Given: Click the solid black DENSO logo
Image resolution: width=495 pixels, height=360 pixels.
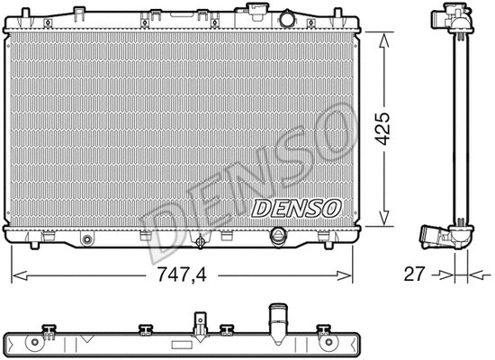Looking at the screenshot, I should [x=298, y=208].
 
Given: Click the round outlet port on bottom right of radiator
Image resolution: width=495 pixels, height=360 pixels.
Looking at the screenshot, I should [x=278, y=236].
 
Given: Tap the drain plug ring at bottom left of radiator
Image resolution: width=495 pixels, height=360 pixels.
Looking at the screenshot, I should [x=87, y=239].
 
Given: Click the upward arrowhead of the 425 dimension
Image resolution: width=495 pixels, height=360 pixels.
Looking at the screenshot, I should [x=386, y=37].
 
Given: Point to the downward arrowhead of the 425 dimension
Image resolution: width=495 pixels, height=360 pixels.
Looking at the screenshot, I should [x=386, y=226].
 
